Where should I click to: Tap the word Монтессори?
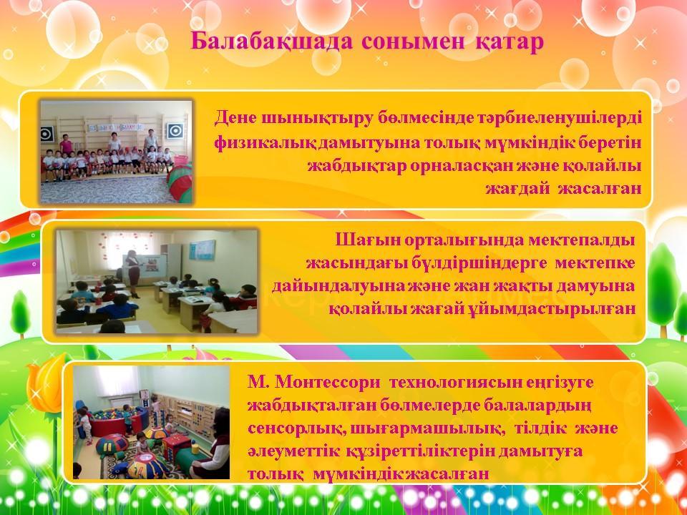pos(328,382)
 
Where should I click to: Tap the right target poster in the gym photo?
pos(175,130)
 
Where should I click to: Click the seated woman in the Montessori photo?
pos(214,444)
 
